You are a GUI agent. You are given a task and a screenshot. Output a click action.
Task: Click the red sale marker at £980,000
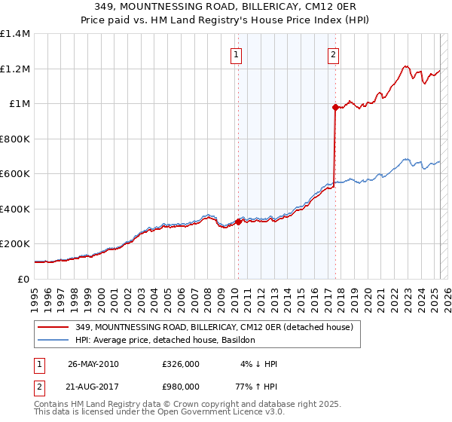[335, 107]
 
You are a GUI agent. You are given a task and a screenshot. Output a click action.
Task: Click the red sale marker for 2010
[238, 222]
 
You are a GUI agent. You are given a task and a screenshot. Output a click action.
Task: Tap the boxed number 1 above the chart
[237, 54]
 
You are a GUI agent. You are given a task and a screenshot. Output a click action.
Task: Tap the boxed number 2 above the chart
[333, 54]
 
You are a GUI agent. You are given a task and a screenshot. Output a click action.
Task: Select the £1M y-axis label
[19, 104]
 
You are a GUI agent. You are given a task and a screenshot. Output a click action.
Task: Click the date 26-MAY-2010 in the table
[93, 364]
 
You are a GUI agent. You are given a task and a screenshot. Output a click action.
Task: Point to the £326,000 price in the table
[181, 364]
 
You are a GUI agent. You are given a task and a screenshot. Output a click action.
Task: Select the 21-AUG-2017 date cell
[93, 386]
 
